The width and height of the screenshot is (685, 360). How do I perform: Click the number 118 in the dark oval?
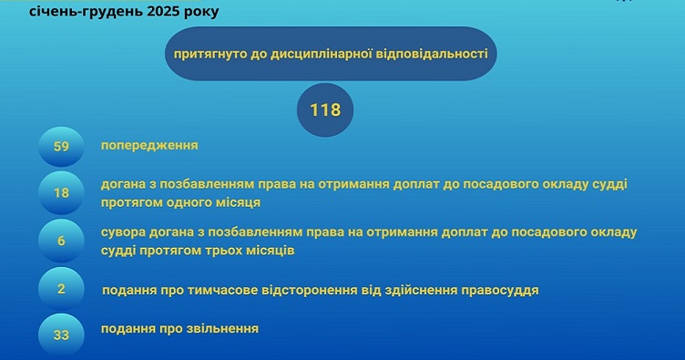pyautogui.click(x=324, y=110)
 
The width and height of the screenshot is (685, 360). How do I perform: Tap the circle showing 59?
pyautogui.click(x=62, y=146)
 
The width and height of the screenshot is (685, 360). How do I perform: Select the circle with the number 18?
pyautogui.click(x=62, y=192)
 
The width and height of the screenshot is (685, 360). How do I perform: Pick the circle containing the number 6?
pyautogui.click(x=62, y=242)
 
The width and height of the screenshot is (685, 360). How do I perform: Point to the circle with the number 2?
pyautogui.click(x=62, y=290)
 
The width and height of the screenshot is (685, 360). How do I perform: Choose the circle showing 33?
pyautogui.click(x=62, y=334)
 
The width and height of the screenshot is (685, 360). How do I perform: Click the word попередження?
pyautogui.click(x=149, y=145)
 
